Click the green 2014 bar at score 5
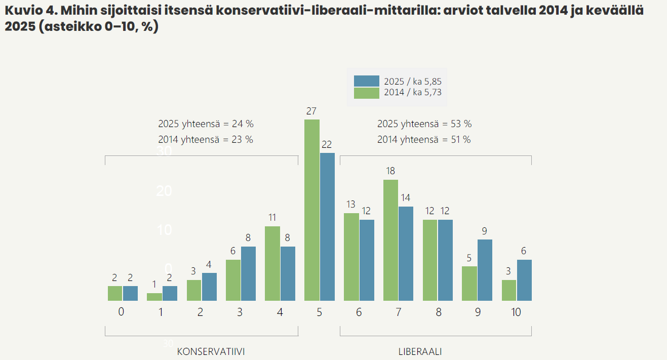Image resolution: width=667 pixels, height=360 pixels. (312, 210)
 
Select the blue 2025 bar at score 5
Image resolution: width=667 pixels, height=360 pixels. (327, 227)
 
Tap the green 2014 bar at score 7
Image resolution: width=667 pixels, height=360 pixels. (390, 241)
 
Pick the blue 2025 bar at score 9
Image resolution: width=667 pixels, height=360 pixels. (485, 270)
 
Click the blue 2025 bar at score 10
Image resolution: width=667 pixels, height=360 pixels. (524, 281)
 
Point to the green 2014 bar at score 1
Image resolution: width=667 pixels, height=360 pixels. (154, 297)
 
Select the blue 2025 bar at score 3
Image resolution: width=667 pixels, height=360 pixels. (248, 274)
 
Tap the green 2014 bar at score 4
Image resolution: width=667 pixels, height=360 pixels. (272, 264)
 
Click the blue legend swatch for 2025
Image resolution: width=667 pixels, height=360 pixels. (366, 81)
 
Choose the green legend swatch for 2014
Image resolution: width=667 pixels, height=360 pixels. (366, 93)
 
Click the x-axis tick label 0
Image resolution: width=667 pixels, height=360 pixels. (121, 312)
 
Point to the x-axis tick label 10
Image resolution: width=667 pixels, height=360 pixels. (516, 312)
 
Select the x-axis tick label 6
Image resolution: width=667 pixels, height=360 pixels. (359, 312)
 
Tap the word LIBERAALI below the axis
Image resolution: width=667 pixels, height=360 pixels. (420, 351)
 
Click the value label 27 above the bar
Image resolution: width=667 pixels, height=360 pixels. (311, 111)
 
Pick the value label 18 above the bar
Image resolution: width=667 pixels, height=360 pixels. (390, 171)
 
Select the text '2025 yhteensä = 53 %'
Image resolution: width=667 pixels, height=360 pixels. (424, 124)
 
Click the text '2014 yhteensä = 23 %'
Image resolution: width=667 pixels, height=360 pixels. (206, 140)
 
